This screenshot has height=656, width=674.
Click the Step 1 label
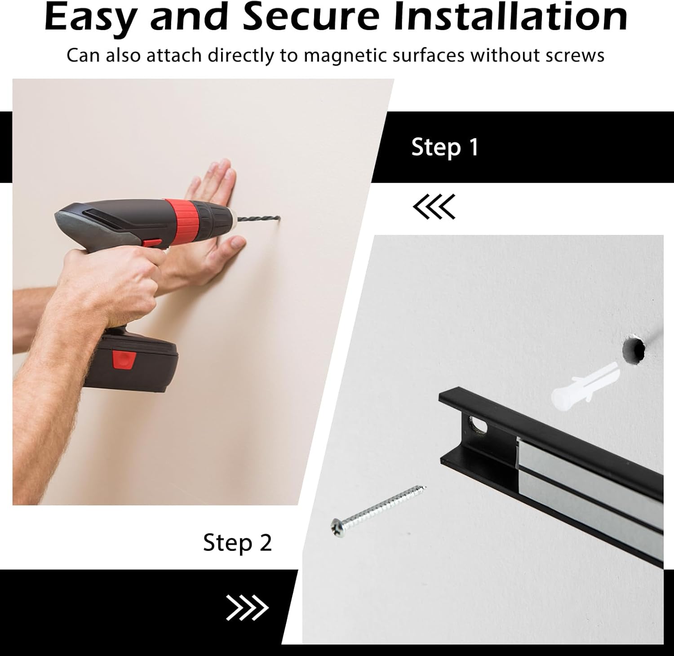coord(445,148)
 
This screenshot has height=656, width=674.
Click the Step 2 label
coord(237,543)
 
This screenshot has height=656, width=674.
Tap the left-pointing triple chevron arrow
coord(434,207)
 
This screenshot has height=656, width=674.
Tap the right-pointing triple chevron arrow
coord(247,608)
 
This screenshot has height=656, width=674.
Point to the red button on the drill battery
coord(124,360)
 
